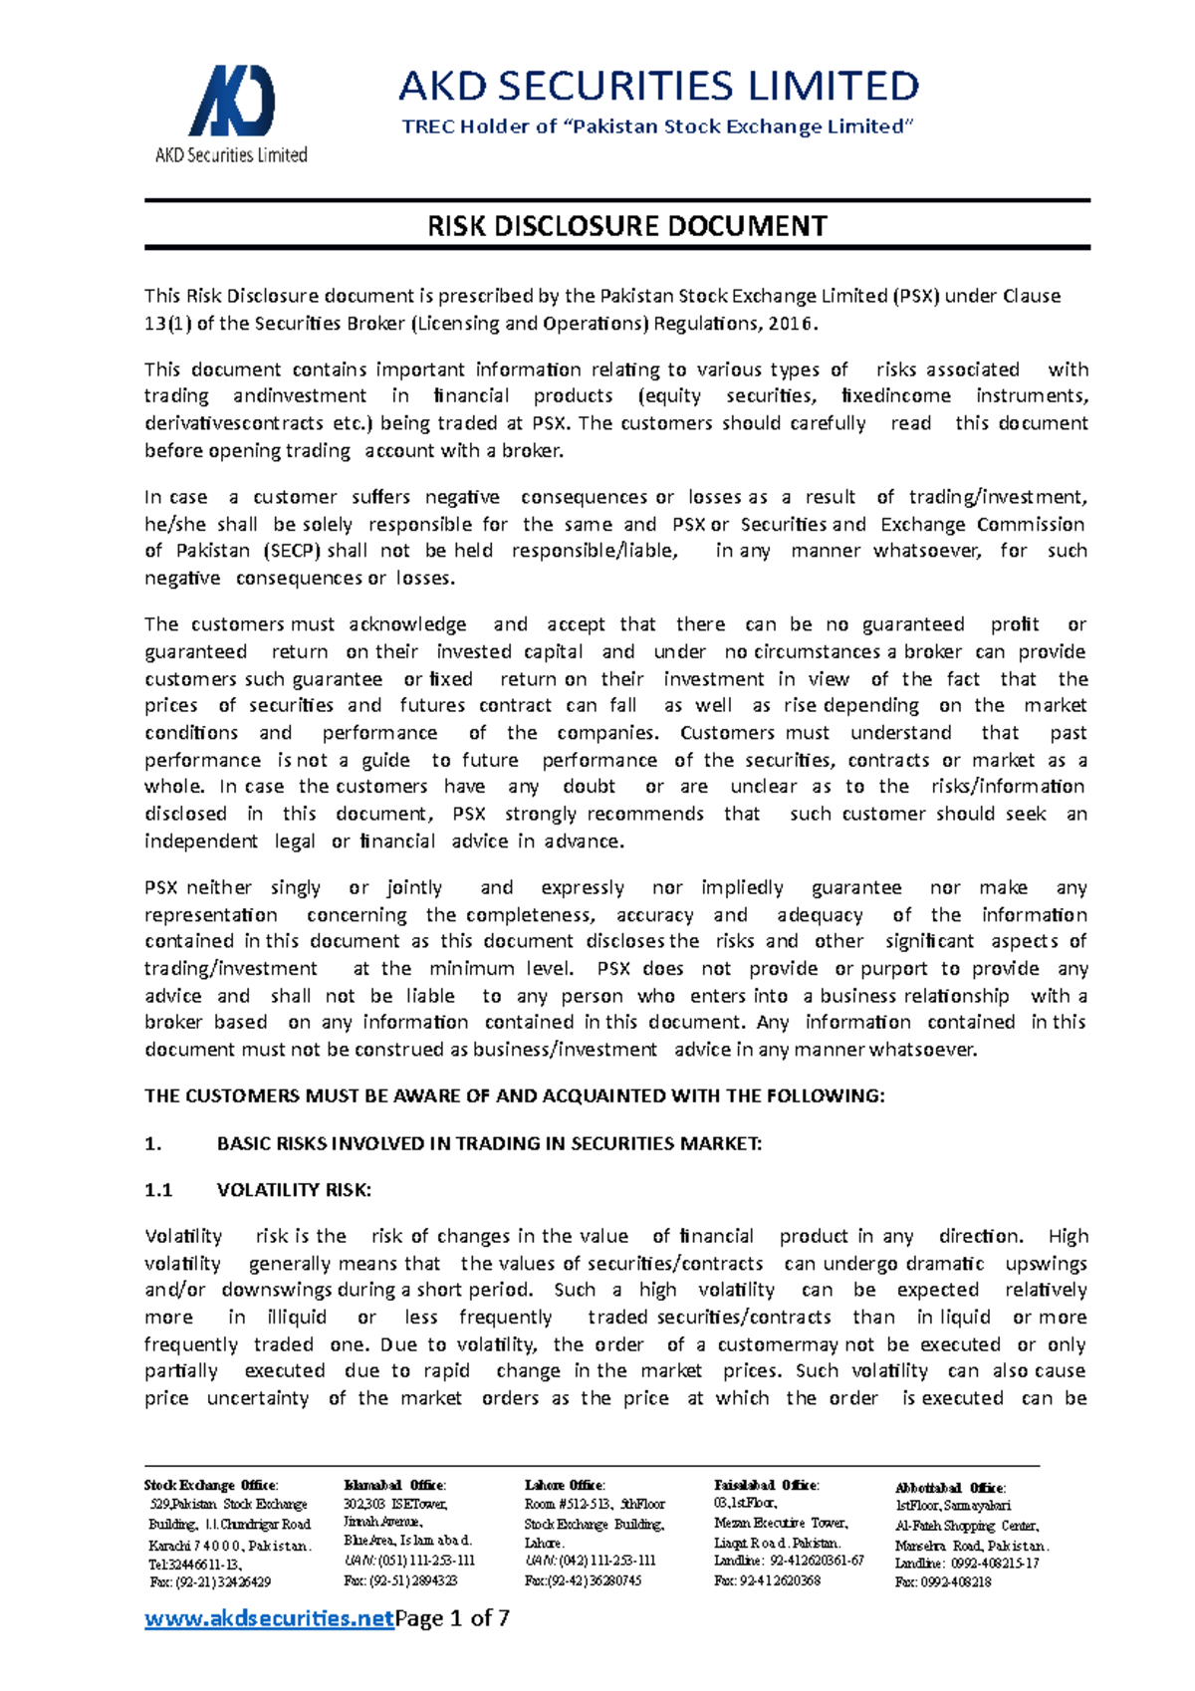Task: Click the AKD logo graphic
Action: tap(231, 101)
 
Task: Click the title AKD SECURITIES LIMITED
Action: tap(658, 87)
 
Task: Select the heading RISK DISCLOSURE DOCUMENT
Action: tap(626, 226)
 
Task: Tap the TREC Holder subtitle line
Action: tap(657, 126)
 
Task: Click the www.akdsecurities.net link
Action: tap(269, 1618)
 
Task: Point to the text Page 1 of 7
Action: tap(453, 1618)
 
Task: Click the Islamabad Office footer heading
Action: tap(394, 1485)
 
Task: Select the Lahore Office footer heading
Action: tap(565, 1485)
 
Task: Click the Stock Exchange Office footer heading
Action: tap(211, 1485)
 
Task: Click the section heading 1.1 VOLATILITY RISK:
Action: tap(258, 1190)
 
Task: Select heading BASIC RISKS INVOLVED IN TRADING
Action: tap(488, 1143)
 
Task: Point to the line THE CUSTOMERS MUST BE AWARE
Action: tap(514, 1096)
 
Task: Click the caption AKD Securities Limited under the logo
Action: tap(231, 155)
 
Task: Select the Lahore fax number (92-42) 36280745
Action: tap(584, 1580)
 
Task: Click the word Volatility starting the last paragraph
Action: tap(183, 1237)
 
